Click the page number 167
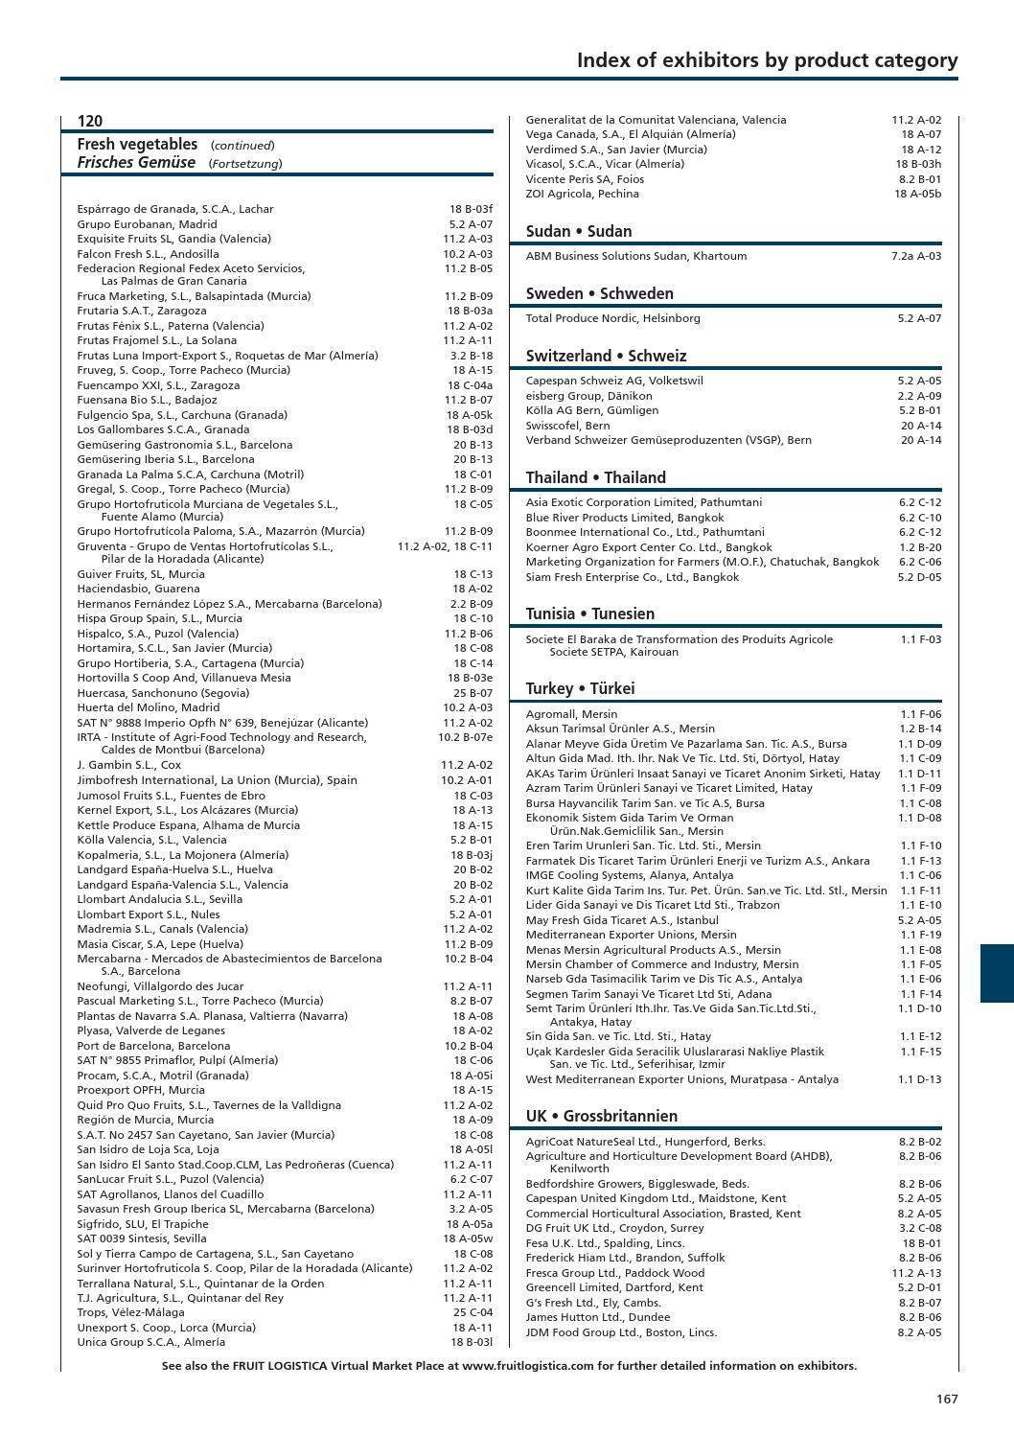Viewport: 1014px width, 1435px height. click(947, 1399)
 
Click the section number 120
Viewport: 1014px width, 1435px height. click(90, 121)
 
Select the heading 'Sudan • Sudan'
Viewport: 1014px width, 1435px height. click(579, 231)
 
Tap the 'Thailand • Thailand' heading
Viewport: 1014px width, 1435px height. click(595, 477)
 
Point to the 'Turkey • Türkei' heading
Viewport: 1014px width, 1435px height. click(580, 688)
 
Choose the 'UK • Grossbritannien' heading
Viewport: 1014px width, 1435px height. click(601, 1116)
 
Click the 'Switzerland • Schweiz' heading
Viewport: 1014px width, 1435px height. click(606, 356)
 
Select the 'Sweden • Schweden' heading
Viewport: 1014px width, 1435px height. click(599, 293)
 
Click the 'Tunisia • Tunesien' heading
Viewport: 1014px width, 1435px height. click(589, 613)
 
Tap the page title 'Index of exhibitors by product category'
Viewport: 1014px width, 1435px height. click(767, 60)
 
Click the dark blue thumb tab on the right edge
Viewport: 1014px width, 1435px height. click(997, 973)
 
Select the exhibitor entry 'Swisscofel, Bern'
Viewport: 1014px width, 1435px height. click(567, 426)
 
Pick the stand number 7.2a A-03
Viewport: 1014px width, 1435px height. click(915, 256)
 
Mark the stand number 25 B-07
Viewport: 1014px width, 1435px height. click(472, 693)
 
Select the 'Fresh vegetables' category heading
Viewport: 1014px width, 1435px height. click(137, 144)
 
